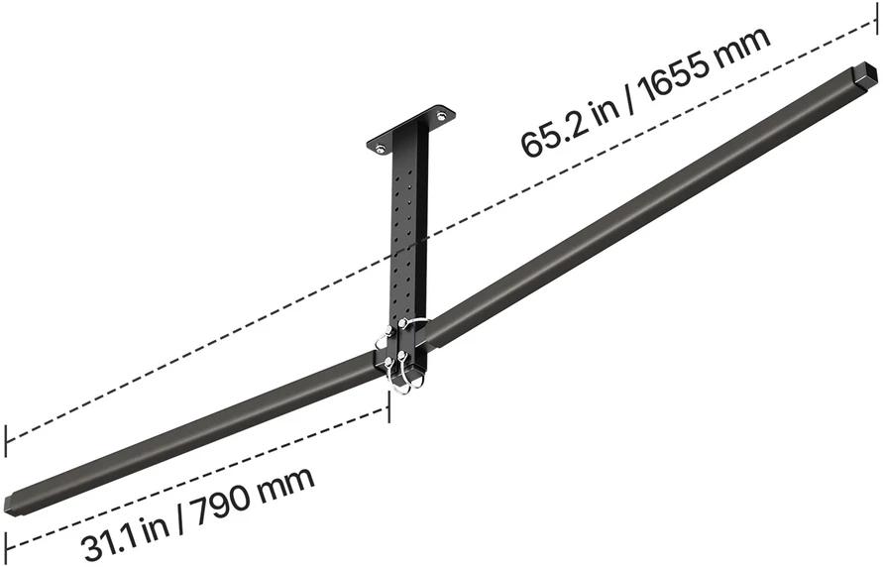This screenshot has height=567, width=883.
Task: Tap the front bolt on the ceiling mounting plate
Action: pos(382,150)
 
